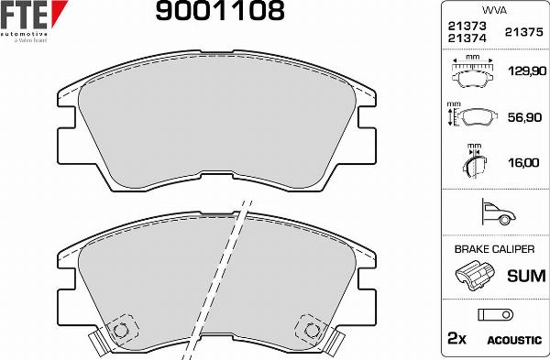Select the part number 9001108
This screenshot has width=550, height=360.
[220, 11]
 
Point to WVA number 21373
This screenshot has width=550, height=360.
[465, 27]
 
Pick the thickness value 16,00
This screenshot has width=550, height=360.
[522, 162]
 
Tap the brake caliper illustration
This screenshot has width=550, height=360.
[474, 273]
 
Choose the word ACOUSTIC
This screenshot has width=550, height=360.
[513, 340]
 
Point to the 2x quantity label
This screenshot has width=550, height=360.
[456, 339]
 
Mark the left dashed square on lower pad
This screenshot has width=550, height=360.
[119, 331]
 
